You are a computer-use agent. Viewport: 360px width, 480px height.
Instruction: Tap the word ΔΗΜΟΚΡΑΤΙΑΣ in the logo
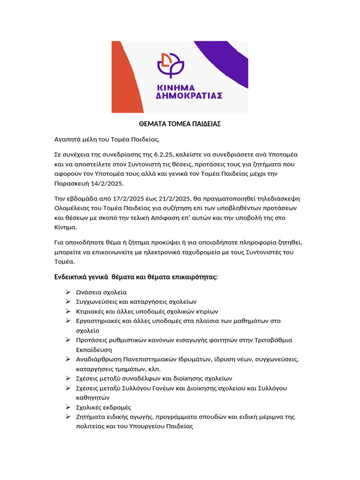188,95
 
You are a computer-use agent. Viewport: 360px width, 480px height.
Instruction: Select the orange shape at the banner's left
122,80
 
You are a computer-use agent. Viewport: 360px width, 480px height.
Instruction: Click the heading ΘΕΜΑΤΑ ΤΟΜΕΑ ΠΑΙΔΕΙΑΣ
180,124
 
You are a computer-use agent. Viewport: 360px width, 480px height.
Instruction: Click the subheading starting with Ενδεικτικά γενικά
136,277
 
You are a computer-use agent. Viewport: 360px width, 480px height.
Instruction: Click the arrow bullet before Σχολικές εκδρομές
68,407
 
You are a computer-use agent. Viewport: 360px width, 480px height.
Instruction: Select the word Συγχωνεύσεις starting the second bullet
97,301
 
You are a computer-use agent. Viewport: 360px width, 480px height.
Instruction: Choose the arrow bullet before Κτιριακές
68,311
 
